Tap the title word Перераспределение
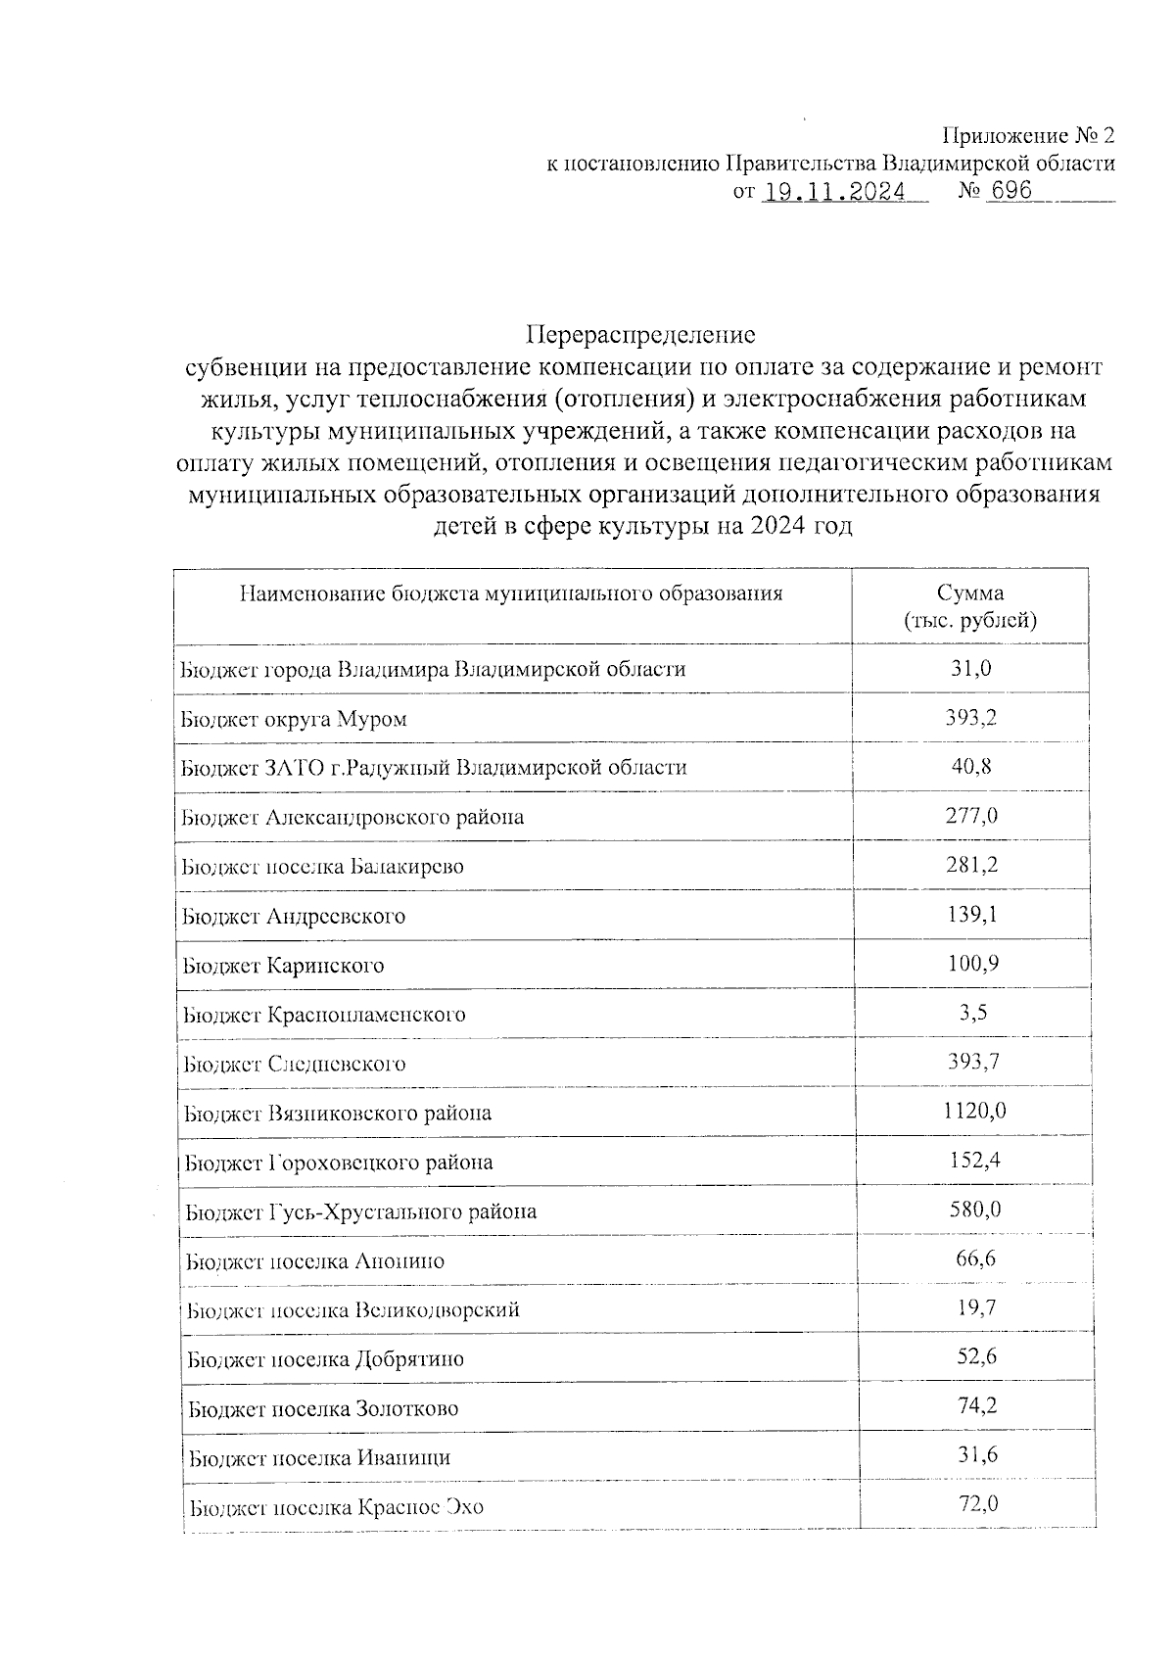(x=640, y=335)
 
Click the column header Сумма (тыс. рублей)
(x=969, y=606)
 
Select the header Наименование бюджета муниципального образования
(x=511, y=593)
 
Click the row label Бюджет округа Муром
(x=294, y=719)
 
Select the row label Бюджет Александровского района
(x=352, y=817)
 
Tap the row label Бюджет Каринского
(x=283, y=966)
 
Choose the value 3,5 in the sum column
(x=972, y=1013)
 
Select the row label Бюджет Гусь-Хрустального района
(x=360, y=1211)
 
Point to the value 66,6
(x=975, y=1258)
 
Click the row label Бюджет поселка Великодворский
(x=352, y=1310)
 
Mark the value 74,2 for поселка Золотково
(x=976, y=1406)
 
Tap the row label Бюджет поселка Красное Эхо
(x=336, y=1507)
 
